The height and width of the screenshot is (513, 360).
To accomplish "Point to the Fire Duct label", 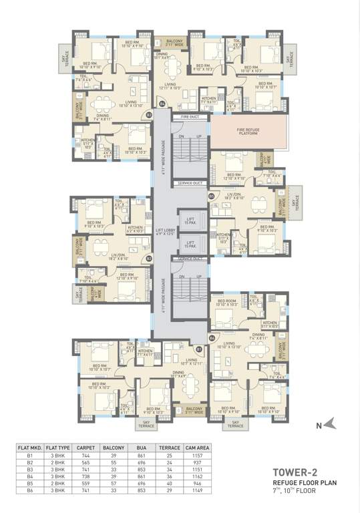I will [x=190, y=117].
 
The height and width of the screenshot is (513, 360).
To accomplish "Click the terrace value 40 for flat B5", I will [x=164, y=482].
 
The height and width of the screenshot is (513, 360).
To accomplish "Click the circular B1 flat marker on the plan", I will [x=198, y=349].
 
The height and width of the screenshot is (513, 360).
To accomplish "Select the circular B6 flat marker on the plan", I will [x=212, y=338].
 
